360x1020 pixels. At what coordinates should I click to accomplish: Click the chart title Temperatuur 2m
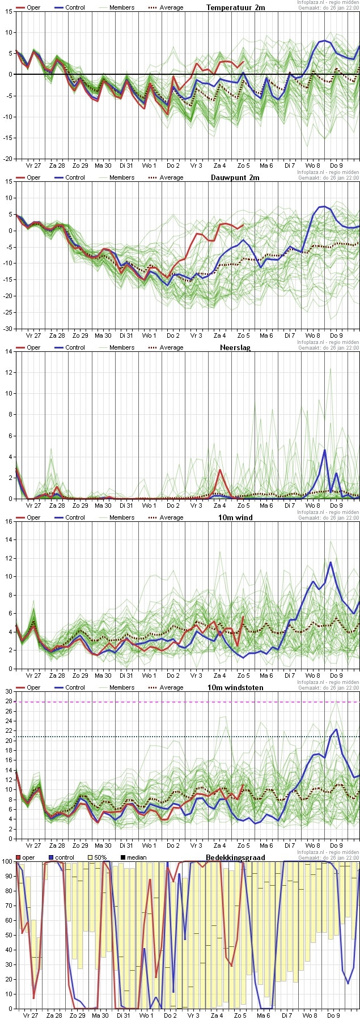(235, 7)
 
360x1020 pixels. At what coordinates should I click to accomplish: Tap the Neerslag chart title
(235, 347)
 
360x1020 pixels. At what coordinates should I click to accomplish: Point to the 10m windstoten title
(235, 687)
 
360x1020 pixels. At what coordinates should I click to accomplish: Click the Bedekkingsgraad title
(235, 857)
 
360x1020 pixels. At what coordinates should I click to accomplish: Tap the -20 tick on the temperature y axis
(8, 159)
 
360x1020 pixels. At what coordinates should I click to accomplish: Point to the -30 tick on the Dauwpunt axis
(8, 329)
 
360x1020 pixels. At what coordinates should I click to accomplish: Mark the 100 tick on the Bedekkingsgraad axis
(7, 861)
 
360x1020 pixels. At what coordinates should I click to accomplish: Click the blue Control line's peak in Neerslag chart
(325, 450)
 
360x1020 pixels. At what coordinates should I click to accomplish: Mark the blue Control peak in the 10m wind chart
(331, 562)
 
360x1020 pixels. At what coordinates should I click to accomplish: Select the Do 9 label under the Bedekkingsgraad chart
(334, 1015)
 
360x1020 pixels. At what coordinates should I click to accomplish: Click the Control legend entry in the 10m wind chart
(75, 517)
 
